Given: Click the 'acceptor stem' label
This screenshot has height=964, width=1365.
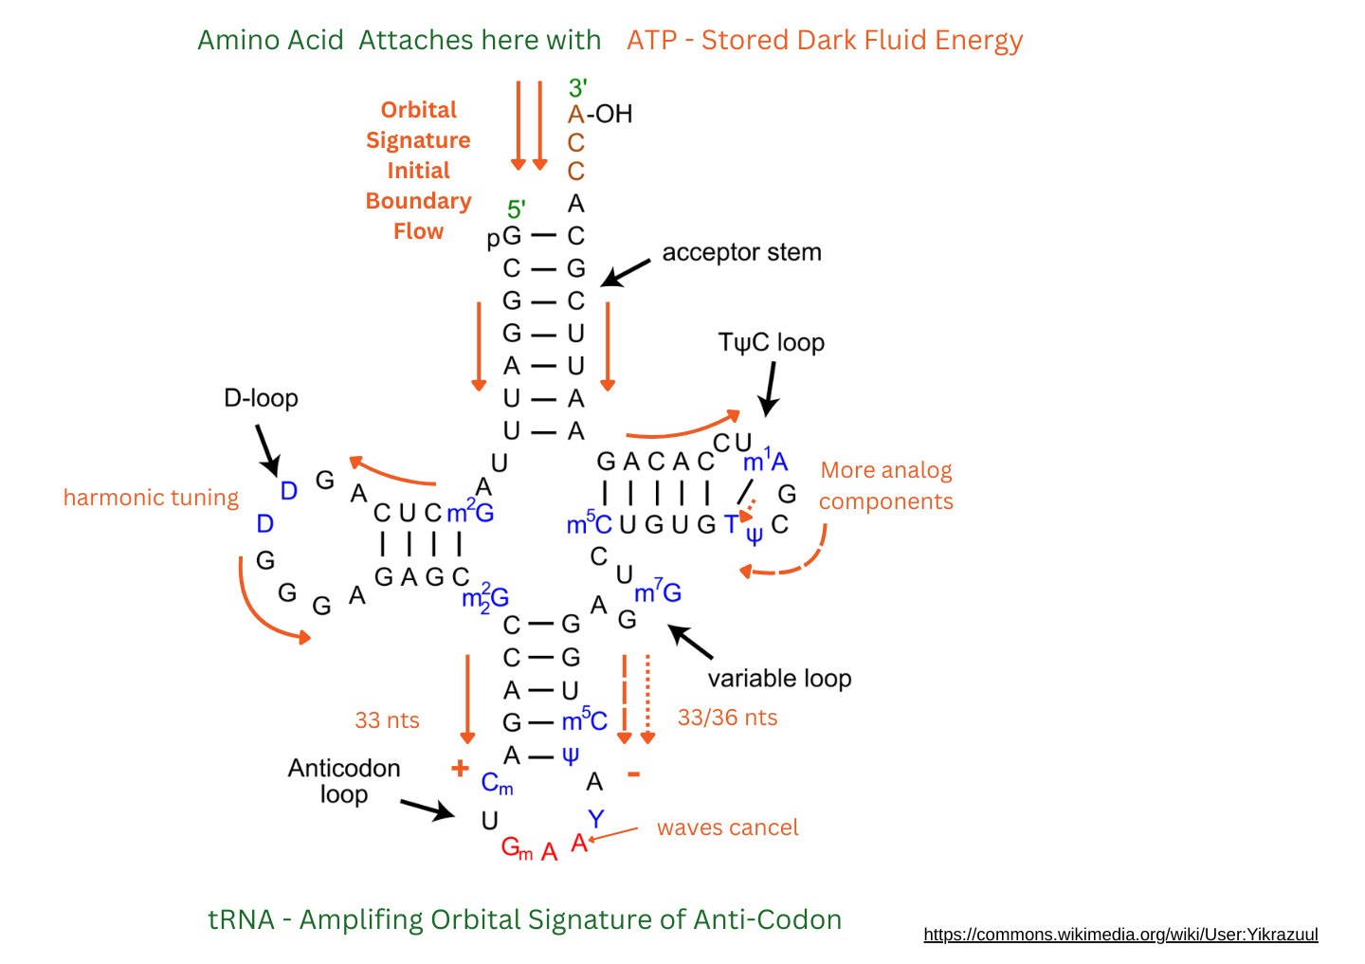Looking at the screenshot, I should (x=741, y=252).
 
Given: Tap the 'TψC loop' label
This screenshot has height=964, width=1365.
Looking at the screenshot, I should (x=771, y=342).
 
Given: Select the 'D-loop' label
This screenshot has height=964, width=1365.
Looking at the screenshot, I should (x=261, y=398).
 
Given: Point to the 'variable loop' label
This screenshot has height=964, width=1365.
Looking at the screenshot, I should (x=779, y=679).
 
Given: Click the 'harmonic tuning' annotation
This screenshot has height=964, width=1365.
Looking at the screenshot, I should (x=151, y=498).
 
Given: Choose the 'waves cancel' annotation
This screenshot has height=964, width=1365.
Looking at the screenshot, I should (x=727, y=828).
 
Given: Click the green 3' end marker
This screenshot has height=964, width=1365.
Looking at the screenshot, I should (x=577, y=88).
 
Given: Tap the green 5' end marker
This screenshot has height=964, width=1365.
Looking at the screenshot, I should (x=516, y=209).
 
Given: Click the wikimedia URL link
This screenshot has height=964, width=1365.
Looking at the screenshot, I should (x=1120, y=935).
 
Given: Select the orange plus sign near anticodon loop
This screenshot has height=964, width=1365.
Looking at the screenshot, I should (x=460, y=768).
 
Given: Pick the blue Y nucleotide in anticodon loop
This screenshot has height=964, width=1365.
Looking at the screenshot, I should (x=595, y=818).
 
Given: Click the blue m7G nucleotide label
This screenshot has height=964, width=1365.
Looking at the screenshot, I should (x=658, y=592).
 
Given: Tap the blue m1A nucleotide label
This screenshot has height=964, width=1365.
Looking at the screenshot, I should (x=765, y=462).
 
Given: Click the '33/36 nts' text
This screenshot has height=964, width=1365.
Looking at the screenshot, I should (x=727, y=718).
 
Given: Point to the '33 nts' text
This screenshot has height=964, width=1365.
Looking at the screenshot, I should (x=387, y=720).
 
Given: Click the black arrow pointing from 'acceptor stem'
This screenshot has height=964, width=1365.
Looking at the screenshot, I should (x=626, y=272).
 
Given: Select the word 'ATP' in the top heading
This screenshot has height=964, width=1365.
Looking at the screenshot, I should (x=654, y=41).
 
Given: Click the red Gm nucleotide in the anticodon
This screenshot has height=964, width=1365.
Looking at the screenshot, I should (x=516, y=847).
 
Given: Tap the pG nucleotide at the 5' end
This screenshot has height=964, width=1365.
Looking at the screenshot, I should (x=504, y=236).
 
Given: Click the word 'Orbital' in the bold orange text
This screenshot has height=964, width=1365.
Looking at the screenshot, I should (x=419, y=110).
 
